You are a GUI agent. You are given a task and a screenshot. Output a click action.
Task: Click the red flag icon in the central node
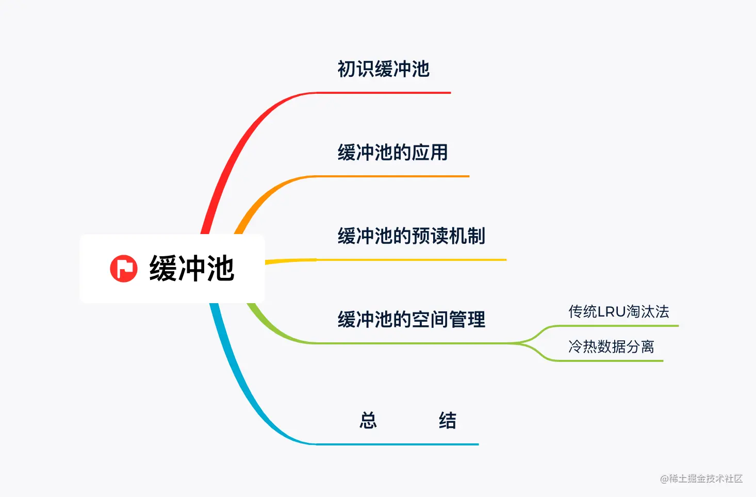point(124,269)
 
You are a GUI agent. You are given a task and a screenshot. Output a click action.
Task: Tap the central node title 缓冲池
point(192,269)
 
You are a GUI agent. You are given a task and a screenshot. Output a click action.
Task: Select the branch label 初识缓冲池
point(383,69)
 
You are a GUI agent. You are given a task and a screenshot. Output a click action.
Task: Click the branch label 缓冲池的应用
point(392,153)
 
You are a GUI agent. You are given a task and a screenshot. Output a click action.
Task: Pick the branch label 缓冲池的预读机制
point(411,236)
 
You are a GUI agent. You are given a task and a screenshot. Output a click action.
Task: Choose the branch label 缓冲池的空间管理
point(411,320)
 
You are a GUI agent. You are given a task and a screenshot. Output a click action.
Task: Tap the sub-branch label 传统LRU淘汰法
point(618,311)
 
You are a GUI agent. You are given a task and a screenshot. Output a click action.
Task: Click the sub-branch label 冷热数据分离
point(611,346)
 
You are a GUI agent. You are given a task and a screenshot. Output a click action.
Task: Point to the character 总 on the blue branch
point(368,421)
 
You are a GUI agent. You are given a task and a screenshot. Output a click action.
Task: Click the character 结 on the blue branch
point(447,421)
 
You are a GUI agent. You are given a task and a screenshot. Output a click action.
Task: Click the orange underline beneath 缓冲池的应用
point(392,176)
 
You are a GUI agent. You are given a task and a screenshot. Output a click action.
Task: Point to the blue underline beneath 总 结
point(397,444)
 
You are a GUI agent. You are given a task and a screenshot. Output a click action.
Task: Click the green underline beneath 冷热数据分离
point(609,360)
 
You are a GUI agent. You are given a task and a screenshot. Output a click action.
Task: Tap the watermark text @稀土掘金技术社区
point(701,479)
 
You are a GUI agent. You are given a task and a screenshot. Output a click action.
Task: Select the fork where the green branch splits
point(526,342)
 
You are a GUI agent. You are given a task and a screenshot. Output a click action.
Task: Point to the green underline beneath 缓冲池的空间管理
point(413,343)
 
